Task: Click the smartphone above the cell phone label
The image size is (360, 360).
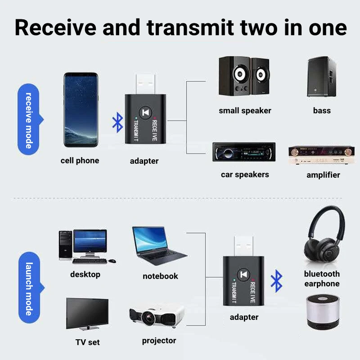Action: click(x=81, y=110)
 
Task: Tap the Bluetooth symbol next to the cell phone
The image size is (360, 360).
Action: click(x=117, y=122)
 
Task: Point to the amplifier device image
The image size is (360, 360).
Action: click(x=321, y=155)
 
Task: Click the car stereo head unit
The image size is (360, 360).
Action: click(x=244, y=152)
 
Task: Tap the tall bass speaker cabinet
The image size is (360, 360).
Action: click(x=321, y=76)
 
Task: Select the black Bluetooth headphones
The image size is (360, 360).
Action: click(x=324, y=237)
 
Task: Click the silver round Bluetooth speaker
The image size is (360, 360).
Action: click(x=323, y=312)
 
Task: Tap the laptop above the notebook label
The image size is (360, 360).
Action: click(x=160, y=246)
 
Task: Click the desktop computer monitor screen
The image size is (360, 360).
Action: click(x=90, y=241)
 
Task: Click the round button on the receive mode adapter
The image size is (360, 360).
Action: click(x=145, y=113)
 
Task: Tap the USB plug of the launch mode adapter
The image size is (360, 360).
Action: click(x=243, y=245)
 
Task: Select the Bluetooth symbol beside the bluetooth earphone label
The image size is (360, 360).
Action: click(x=276, y=281)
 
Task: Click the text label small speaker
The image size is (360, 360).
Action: click(x=245, y=111)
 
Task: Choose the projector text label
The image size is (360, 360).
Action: click(x=159, y=341)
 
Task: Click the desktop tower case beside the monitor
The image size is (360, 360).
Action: click(x=65, y=245)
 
